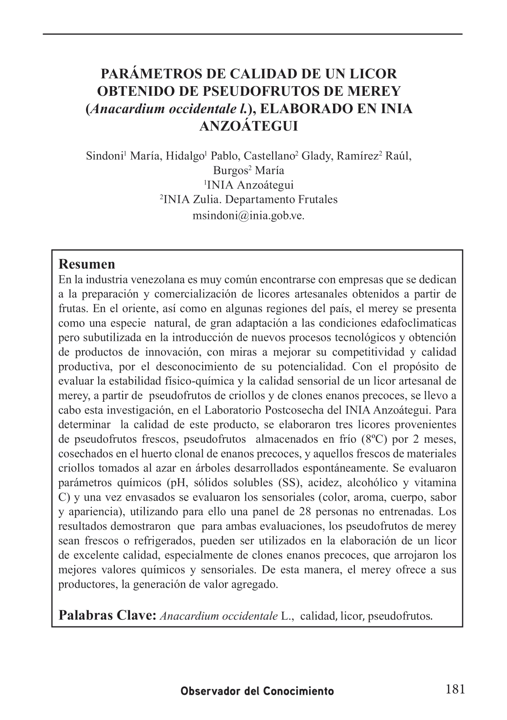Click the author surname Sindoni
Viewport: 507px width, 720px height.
click(105, 156)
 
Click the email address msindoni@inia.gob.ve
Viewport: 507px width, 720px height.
click(248, 215)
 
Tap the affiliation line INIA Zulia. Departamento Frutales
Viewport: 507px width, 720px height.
click(250, 200)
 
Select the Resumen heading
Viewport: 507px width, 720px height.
click(87, 264)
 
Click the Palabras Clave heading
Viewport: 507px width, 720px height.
click(107, 616)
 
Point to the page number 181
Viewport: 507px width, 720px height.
click(455, 689)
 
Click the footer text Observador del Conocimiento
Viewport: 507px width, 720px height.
click(257, 691)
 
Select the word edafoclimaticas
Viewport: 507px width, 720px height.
click(419, 323)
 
